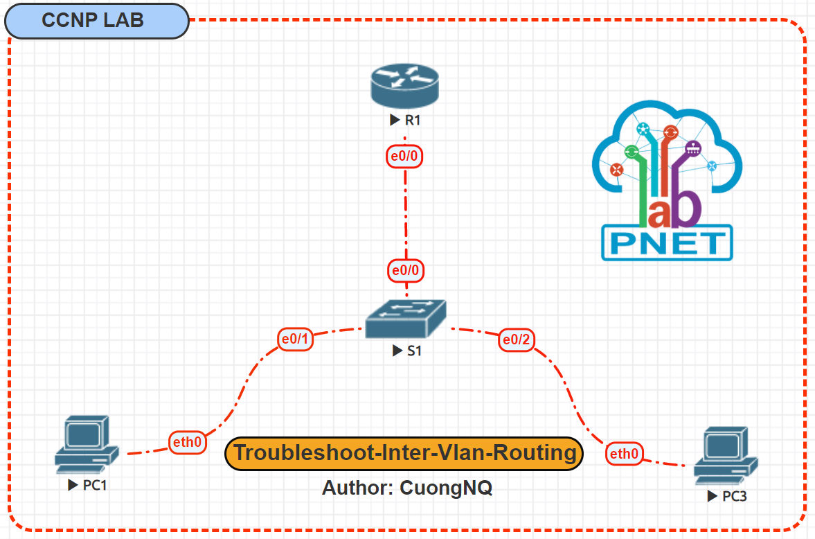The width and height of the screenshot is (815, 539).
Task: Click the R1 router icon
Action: pyautogui.click(x=404, y=84)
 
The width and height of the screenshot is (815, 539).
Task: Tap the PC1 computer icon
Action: pyautogui.click(x=87, y=444)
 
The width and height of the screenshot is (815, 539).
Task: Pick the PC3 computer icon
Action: pyautogui.click(x=726, y=456)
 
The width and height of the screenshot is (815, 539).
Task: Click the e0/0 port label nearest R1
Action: pyautogui.click(x=404, y=157)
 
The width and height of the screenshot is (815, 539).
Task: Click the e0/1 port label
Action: pyautogui.click(x=295, y=339)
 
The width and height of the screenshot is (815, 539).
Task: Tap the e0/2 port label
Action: pyautogui.click(x=517, y=339)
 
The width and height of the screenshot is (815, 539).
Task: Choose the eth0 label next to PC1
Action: pyautogui.click(x=188, y=442)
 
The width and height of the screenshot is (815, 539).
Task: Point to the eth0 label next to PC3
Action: pyautogui.click(x=624, y=454)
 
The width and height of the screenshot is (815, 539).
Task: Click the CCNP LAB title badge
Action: pyautogui.click(x=96, y=21)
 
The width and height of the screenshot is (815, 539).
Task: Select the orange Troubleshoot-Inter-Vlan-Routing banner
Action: pyautogui.click(x=404, y=454)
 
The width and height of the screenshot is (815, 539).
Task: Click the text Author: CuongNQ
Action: pyautogui.click(x=406, y=488)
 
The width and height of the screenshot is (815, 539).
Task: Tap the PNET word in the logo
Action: pyautogui.click(x=667, y=243)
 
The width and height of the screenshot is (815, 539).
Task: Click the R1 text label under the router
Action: pyautogui.click(x=413, y=120)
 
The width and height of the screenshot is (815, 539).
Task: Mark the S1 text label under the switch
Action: pyautogui.click(x=413, y=351)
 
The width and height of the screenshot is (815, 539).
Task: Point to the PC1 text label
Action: pyautogui.click(x=94, y=485)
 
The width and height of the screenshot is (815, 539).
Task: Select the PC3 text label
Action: pyautogui.click(x=734, y=496)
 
